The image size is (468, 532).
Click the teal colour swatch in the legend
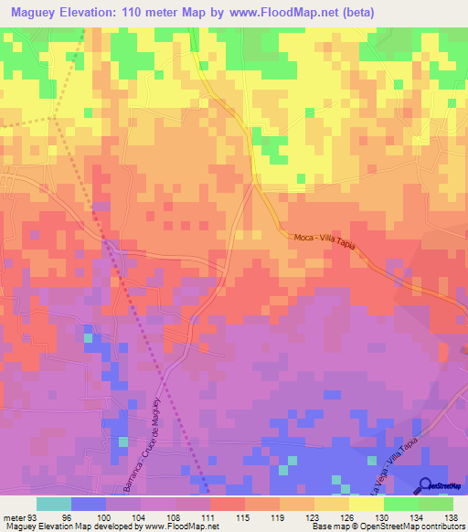coord(54,504)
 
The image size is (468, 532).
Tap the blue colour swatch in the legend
coord(89,504)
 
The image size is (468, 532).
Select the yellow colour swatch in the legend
coord(367,504)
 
